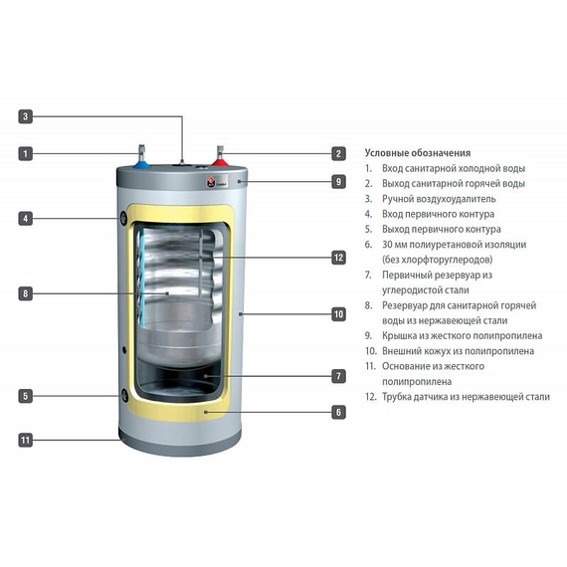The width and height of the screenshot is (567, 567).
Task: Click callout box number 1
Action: [26, 154]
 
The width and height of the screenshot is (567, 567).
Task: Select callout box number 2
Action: [338, 154]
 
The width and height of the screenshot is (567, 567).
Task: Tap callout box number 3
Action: [26, 116]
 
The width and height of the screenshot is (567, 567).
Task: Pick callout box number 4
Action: [26, 217]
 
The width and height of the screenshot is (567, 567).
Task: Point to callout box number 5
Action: [26, 396]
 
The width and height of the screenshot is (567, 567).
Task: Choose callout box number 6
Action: [338, 412]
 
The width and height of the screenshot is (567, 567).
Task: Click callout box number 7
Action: [338, 376]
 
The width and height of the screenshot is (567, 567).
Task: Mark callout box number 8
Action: [26, 293]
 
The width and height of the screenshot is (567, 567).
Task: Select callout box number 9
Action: [338, 182]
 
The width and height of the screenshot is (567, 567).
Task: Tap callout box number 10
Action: [338, 314]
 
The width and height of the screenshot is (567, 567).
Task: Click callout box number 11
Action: [26, 439]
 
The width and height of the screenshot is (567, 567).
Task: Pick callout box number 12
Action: [338, 257]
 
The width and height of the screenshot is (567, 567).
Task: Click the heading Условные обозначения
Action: [418, 153]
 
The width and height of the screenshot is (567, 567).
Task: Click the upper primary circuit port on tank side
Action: [122, 217]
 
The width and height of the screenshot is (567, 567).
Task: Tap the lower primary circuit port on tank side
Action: [123, 395]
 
